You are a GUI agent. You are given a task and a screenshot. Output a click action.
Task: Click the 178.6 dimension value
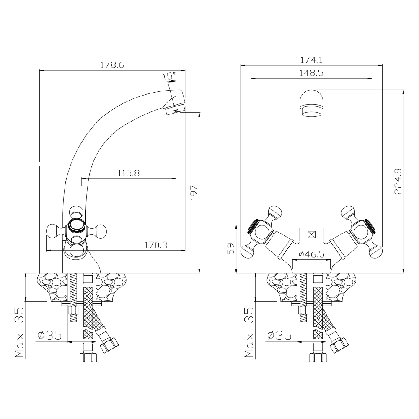coord(112,65)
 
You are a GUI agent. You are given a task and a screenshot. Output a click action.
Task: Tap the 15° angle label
coord(169,76)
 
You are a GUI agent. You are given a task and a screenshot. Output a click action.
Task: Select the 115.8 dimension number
coord(129,173)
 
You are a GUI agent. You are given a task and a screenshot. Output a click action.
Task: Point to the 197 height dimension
coord(194,193)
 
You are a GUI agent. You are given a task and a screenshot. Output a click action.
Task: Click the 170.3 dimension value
coord(156,245)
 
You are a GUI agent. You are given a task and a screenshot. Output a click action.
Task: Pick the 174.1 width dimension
coord(311,60)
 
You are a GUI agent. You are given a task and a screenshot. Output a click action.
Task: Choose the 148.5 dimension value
coord(311,73)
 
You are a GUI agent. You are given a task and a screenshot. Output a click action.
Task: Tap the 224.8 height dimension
coord(398,181)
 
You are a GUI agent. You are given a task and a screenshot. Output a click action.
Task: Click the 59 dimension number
coord(231,248)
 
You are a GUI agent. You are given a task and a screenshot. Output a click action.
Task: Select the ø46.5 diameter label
coord(311,254)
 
